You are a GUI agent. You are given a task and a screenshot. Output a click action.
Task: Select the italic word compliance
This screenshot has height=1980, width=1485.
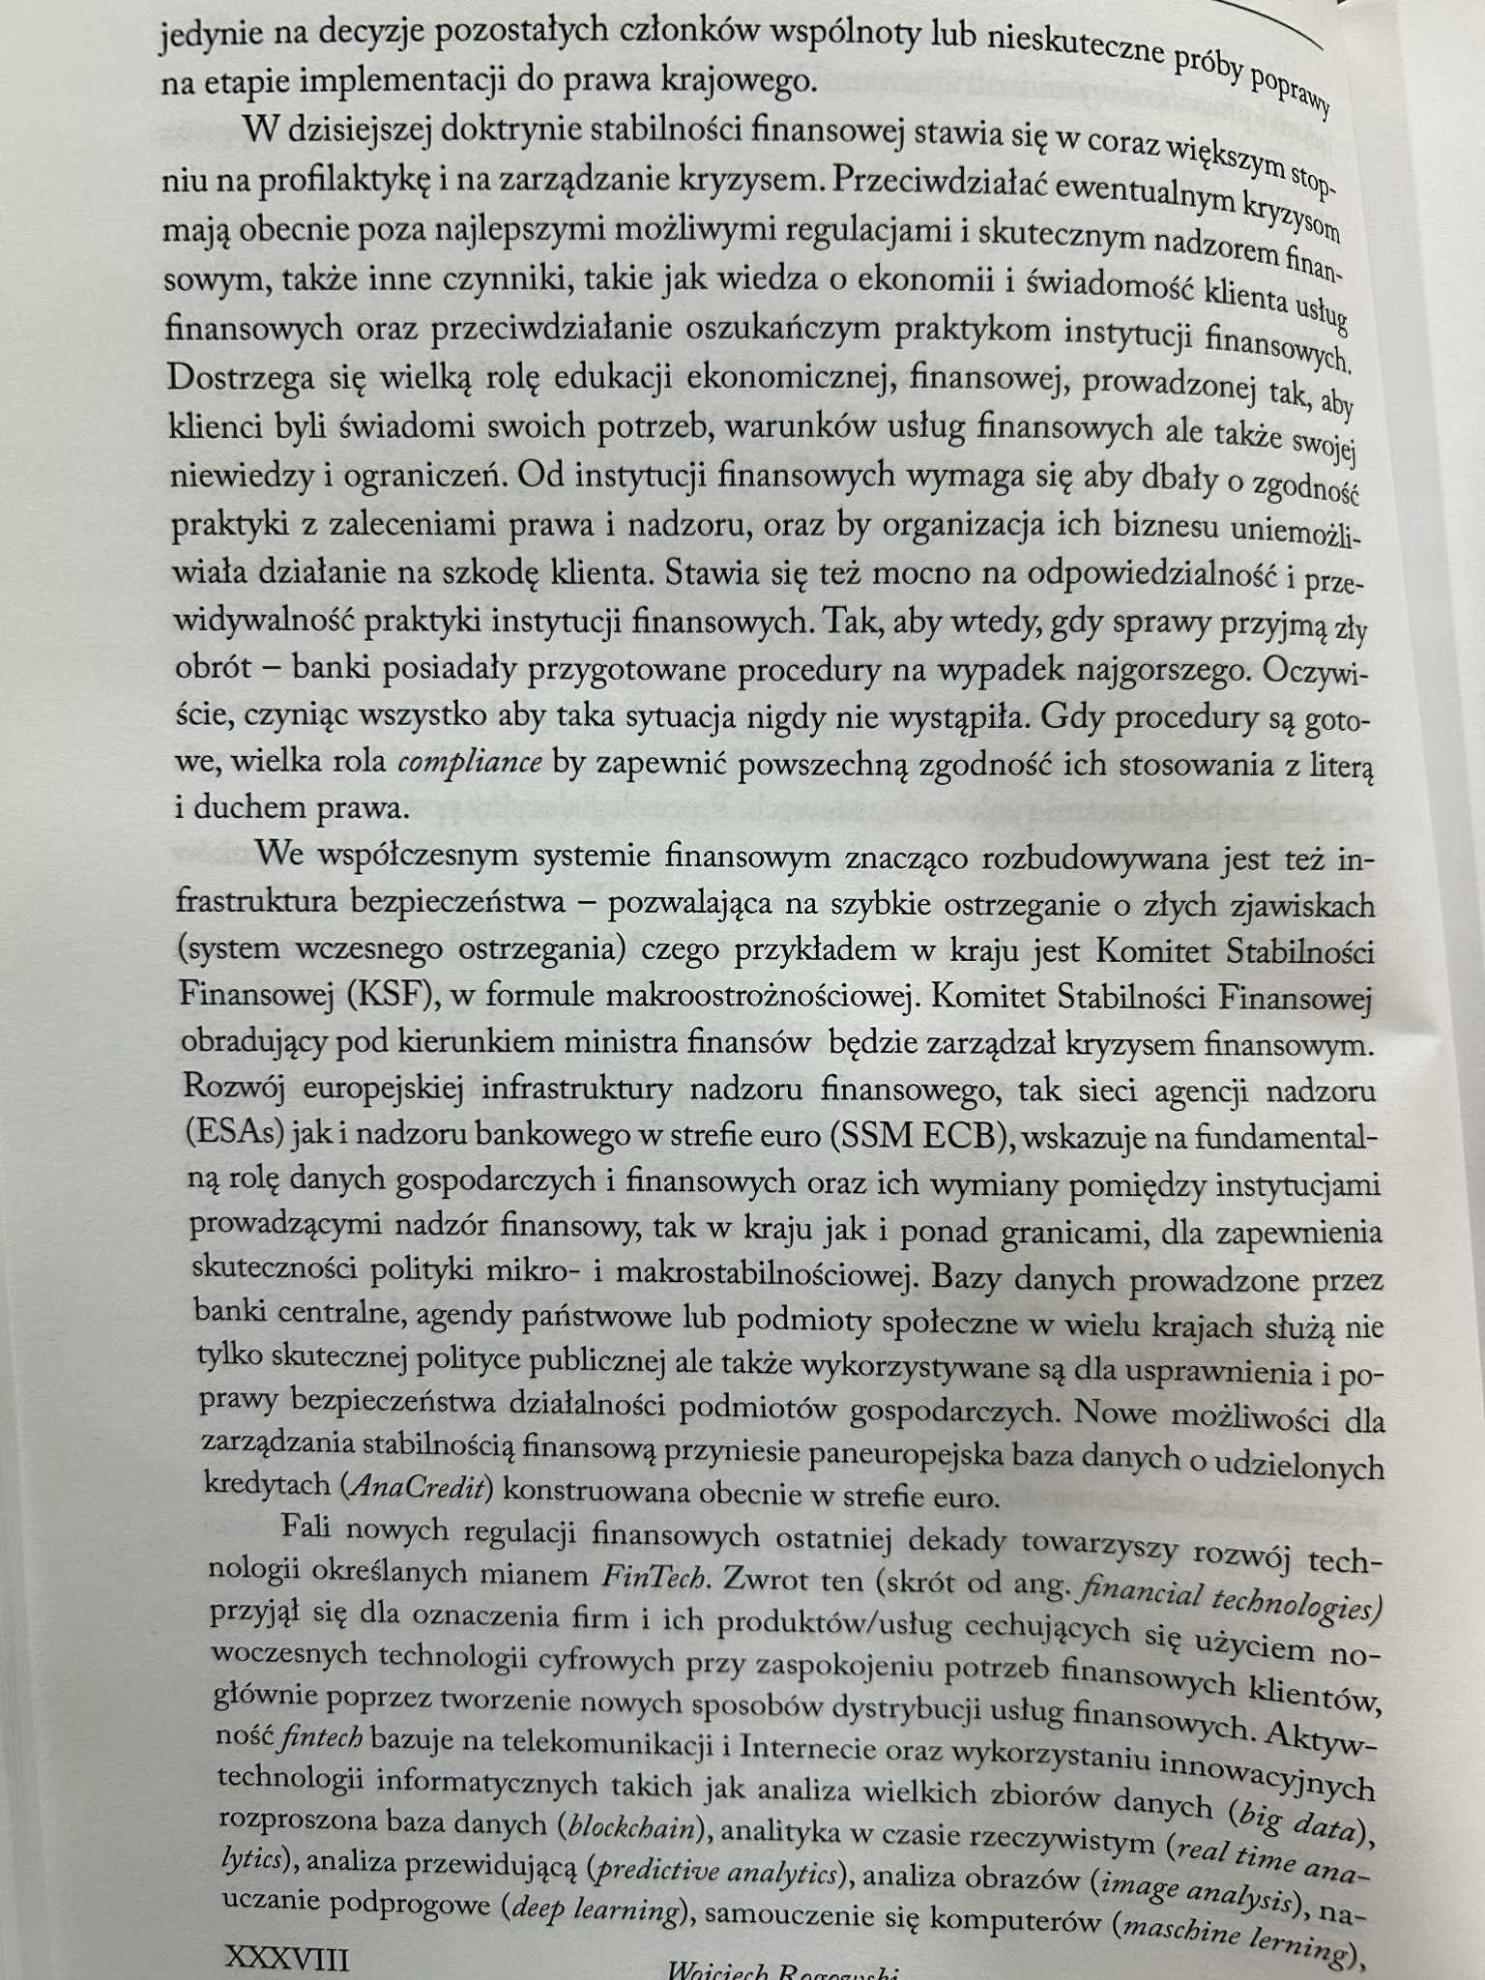[470, 763]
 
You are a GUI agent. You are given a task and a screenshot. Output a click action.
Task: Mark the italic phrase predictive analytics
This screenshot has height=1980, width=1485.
[716, 1873]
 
